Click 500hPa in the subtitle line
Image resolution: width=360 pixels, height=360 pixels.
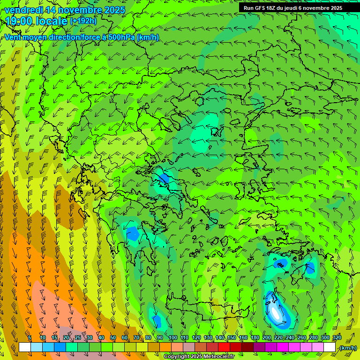(x=122, y=37)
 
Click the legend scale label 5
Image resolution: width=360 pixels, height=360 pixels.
(x=30, y=337)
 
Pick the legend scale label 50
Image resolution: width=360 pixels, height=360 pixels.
(x=112, y=337)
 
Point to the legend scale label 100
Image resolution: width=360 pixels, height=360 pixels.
(x=172, y=337)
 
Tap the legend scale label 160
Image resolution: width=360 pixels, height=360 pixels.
(x=243, y=337)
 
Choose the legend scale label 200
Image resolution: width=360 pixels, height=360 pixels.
(x=267, y=337)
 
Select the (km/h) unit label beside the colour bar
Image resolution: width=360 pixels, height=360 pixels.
(x=348, y=348)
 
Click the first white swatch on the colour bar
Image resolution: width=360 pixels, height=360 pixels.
(x=25, y=347)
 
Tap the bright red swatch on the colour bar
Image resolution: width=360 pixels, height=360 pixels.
(x=224, y=347)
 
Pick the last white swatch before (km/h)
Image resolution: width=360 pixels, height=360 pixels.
(x=330, y=347)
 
